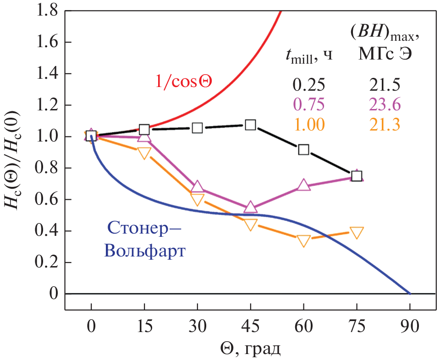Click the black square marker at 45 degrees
pos(250,125)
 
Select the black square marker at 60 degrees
pos(303,149)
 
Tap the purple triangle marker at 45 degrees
pos(250,207)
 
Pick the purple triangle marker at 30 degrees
pos(198,186)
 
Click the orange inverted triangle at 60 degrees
pos(303,241)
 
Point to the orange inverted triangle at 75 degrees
pos(357,232)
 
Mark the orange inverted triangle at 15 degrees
pos(144,153)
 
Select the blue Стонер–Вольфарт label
pos(146,238)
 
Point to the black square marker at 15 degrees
pos(144,130)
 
